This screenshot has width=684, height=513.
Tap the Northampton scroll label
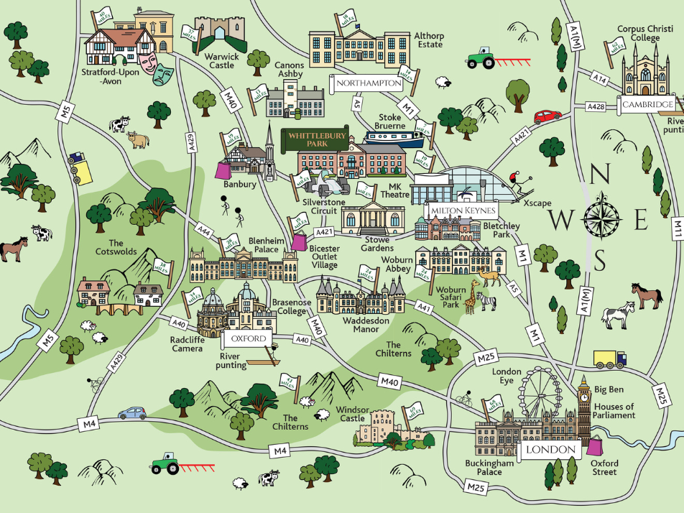click(x=369, y=83)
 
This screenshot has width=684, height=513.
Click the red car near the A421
click(x=547, y=116)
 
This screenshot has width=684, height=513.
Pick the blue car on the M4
click(x=132, y=413)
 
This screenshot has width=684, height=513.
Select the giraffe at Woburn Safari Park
click(x=472, y=296)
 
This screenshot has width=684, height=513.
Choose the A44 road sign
click(x=205, y=229)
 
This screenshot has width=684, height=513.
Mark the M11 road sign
click(x=677, y=228)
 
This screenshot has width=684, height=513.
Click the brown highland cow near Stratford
click(x=137, y=139)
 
